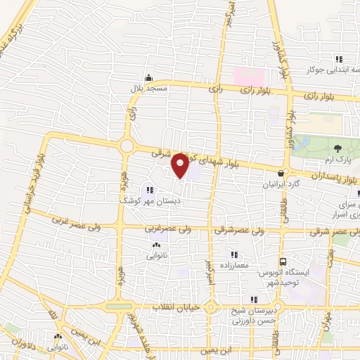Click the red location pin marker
coord(180,165)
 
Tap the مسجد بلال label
coord(148,88)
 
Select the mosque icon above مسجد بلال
coord(148,78)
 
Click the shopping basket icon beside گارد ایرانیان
coord(281,173)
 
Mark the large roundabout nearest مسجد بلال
coord(127,146)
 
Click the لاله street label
coord(53,319)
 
